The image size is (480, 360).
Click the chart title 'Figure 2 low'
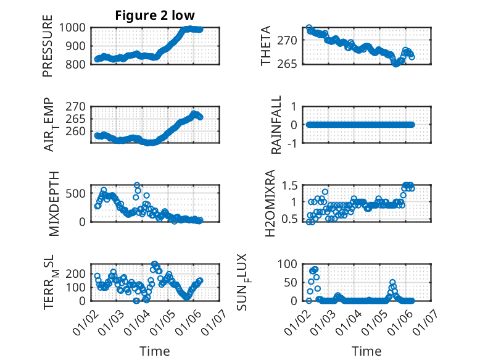pos(155,16)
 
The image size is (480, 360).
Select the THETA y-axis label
pos(266,46)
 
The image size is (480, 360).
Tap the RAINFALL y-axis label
pos(277,125)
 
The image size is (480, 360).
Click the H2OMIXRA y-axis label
pos(270,204)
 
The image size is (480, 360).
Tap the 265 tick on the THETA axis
pos(292,64)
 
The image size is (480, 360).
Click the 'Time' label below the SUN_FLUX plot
pos(366,351)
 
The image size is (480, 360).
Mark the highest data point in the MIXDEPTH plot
pos(137,185)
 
